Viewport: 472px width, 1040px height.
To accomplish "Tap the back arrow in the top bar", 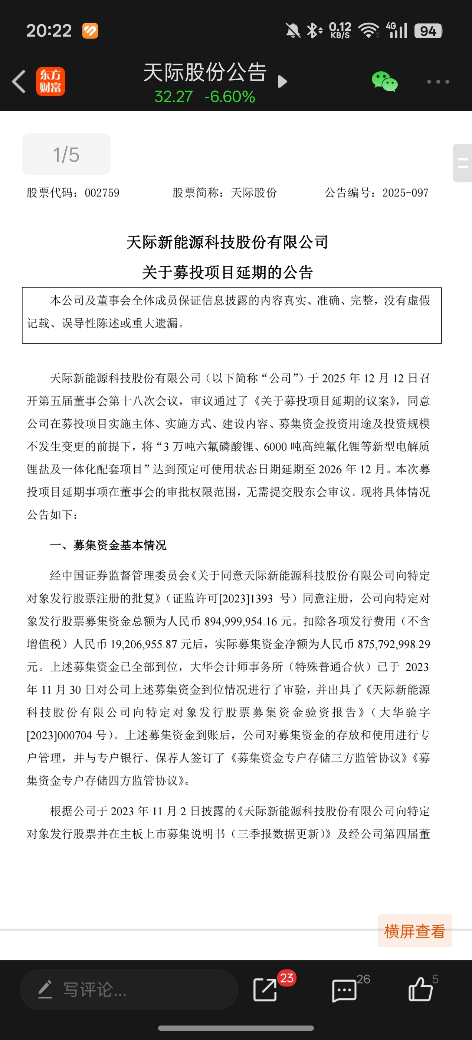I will pyautogui.click(x=19, y=82).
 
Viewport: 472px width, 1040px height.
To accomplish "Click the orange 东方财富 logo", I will pyautogui.click(x=50, y=82).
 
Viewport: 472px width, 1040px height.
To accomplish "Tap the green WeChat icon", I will pyautogui.click(x=384, y=82).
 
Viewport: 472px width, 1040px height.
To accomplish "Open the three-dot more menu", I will pyautogui.click(x=438, y=82).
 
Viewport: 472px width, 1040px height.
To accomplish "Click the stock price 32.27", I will pyautogui.click(x=173, y=97).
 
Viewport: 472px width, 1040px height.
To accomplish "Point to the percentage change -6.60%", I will pyautogui.click(x=230, y=97).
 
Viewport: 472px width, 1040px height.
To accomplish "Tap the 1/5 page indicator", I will pyautogui.click(x=66, y=155).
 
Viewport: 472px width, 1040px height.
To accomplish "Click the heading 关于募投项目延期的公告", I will pyautogui.click(x=227, y=273).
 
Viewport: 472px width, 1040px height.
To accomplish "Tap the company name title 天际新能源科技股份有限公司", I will pyautogui.click(x=227, y=242).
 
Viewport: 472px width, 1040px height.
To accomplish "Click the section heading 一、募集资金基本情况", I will pyautogui.click(x=108, y=545).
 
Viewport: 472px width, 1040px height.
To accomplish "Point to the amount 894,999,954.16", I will pyautogui.click(x=241, y=621).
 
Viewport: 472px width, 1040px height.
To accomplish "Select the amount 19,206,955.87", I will pyautogui.click(x=144, y=644).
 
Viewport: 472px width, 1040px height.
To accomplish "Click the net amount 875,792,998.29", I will pyautogui.click(x=394, y=644).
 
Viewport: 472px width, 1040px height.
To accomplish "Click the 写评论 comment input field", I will pyautogui.click(x=129, y=989).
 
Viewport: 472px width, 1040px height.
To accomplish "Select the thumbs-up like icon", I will pyautogui.click(x=420, y=989).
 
